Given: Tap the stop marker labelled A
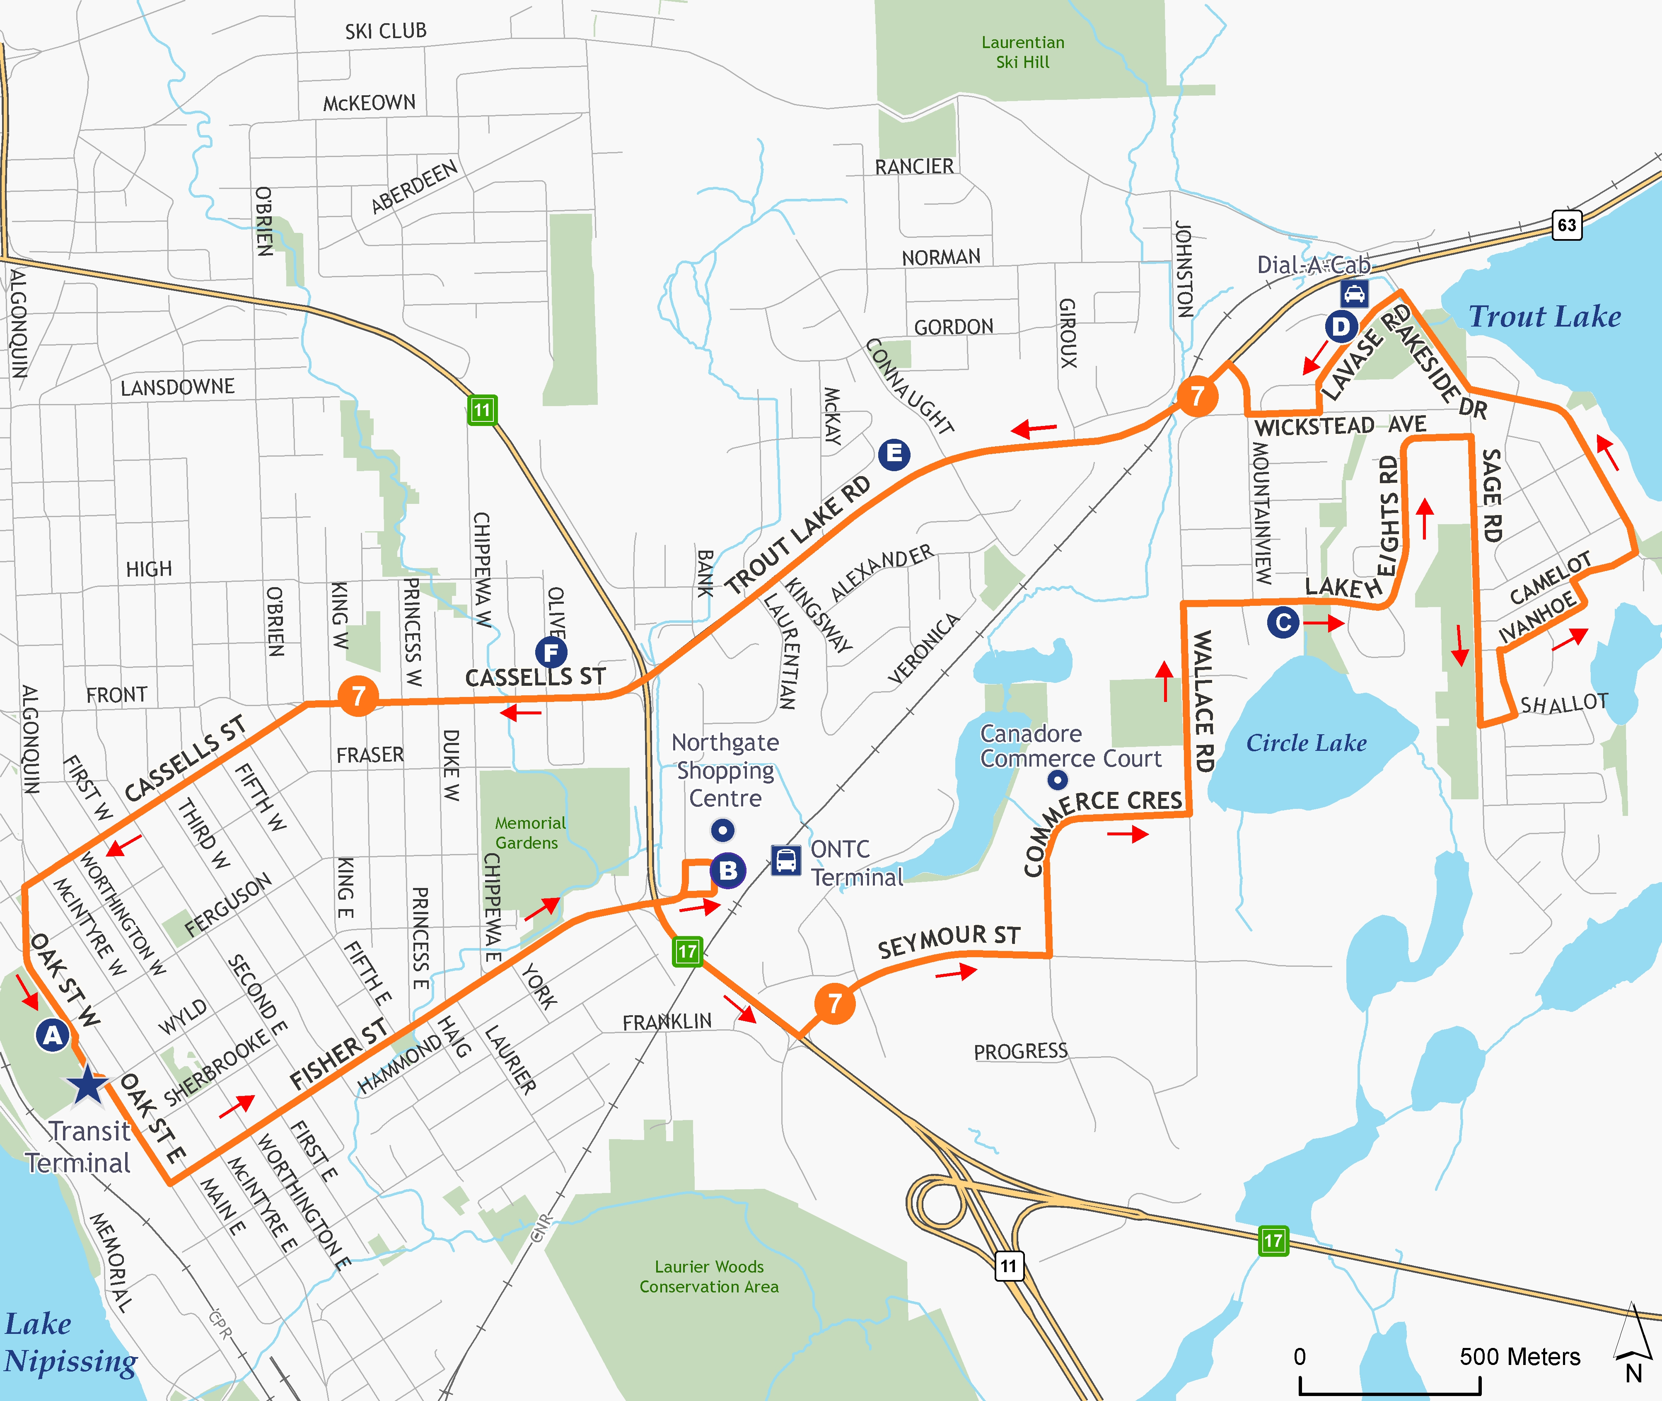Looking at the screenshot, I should [x=53, y=1035].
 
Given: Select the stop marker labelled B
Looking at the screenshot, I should [x=727, y=871].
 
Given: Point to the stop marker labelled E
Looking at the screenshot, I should [x=894, y=454].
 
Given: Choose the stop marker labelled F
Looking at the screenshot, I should [x=551, y=653].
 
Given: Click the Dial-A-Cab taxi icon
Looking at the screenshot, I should [x=1354, y=294].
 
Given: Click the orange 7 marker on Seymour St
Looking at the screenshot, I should [x=835, y=1004].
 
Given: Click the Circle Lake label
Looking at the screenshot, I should [x=1306, y=743].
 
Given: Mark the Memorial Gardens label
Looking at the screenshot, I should [x=530, y=832].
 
